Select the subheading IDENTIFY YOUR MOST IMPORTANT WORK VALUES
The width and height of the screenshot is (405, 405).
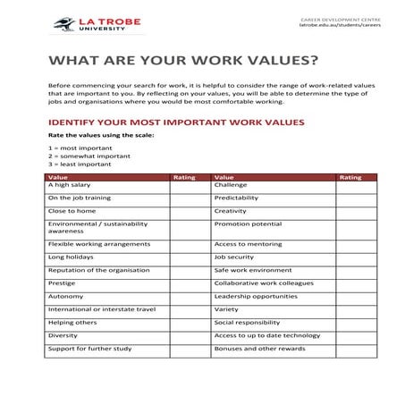pos(176,122)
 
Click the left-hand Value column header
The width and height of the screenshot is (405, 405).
pos(57,177)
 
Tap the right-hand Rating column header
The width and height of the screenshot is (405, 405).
pos(350,177)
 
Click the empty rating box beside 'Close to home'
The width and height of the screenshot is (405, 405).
pos(190,211)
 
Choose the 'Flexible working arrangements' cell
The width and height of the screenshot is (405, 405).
pos(98,243)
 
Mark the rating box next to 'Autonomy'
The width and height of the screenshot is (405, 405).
pos(190,296)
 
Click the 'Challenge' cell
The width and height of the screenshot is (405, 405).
pos(231,185)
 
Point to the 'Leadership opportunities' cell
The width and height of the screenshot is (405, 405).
pos(256,296)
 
